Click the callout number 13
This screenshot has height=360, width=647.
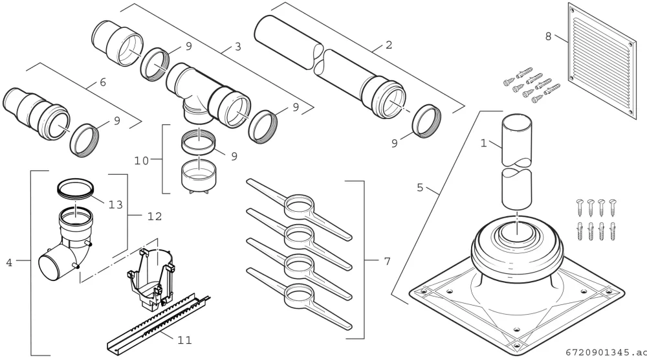[x=116, y=205]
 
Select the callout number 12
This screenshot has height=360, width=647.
[x=155, y=216]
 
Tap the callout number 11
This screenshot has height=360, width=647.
[x=185, y=340]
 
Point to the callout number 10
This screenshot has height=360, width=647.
[x=142, y=160]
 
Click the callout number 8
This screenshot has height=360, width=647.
[x=549, y=36]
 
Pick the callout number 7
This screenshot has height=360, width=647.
[x=387, y=261]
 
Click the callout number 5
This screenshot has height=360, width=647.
[x=420, y=187]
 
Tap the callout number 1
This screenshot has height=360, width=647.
[x=484, y=143]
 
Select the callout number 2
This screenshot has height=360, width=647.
[x=389, y=45]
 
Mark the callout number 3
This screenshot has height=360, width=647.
[x=237, y=47]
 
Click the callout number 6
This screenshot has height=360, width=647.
[x=103, y=82]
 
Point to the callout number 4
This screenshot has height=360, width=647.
[x=9, y=262]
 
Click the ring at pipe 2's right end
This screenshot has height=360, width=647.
[x=426, y=121]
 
